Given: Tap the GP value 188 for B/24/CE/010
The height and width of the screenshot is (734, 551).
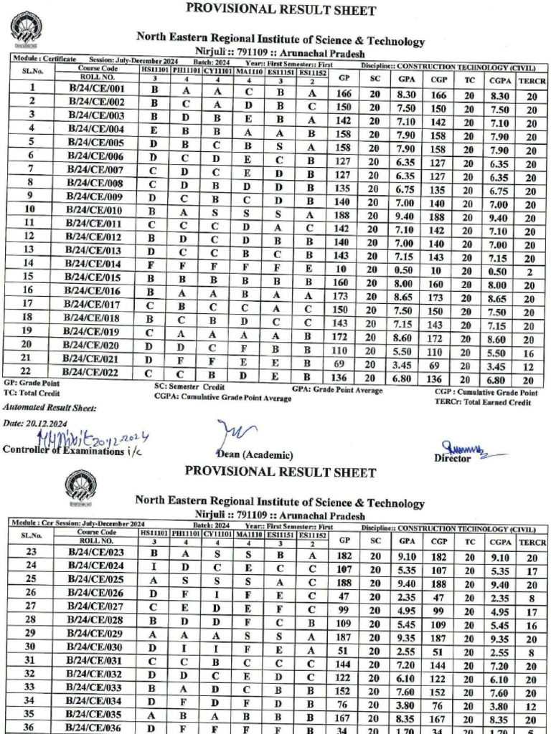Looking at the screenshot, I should pos(343,209).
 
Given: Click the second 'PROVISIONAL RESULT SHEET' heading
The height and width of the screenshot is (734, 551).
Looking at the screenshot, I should pos(280,473).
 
